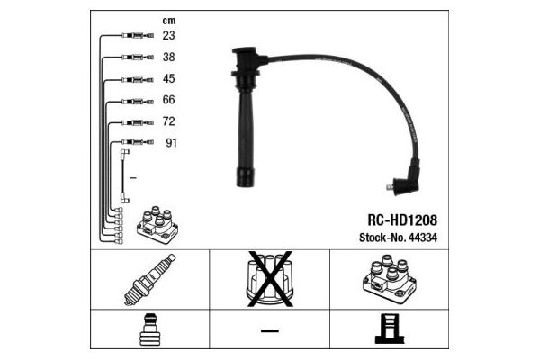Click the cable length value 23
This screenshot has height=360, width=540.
pos(169,35)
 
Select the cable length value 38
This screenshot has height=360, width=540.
pos(169,57)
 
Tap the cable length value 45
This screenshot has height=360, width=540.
pos(169,78)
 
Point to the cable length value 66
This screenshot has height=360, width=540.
pos(169,100)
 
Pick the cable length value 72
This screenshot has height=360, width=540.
pos(169,121)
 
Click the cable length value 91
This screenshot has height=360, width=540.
pos(171,142)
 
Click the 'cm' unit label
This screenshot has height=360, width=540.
pos(169,21)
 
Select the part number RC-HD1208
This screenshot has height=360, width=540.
pos(402,220)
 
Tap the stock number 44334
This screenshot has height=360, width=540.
pos(423,238)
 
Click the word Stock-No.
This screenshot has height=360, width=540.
pos(382,238)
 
